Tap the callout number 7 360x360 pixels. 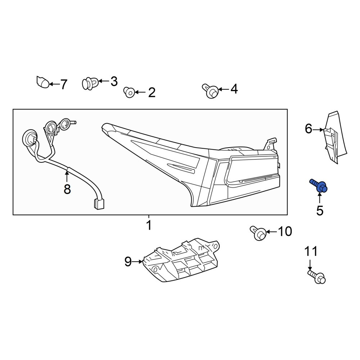coord(64,84)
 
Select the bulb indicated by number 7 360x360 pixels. coord(43,82)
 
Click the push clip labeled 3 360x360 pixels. coord(90,83)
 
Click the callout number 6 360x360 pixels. coord(309,129)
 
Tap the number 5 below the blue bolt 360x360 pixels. coord(320,211)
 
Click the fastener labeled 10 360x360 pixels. coord(258,233)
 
